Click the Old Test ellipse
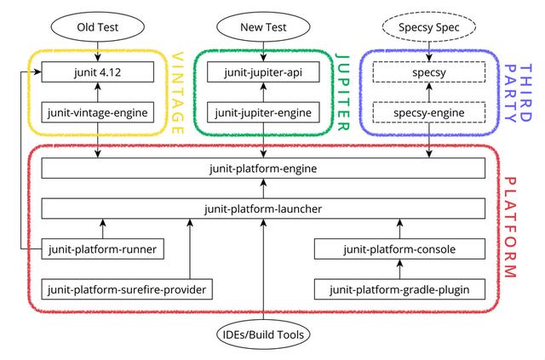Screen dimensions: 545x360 (98, 27)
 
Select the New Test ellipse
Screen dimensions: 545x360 (263, 27)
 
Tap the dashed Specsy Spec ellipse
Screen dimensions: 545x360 (429, 27)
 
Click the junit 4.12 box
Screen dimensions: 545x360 (98, 72)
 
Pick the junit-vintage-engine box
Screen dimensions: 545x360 (98, 112)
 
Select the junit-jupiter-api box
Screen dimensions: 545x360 (263, 72)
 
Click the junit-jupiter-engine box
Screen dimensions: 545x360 (263, 112)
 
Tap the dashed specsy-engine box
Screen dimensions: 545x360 (429, 112)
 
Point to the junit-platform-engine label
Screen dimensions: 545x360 (263, 169)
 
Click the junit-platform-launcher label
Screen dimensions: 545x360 (263, 209)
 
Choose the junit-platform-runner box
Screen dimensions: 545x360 (102, 249)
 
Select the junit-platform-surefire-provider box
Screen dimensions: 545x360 (127, 289)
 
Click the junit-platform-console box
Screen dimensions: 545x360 (399, 249)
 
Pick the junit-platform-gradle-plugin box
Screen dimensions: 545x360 (399, 289)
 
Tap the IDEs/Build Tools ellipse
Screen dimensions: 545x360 (263, 334)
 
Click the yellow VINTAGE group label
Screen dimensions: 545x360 (177, 93)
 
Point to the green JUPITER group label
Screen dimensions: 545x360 (342, 92)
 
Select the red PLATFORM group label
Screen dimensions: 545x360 (510, 227)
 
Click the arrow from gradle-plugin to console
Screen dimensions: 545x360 (399, 269)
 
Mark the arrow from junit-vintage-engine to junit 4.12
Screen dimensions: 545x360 (98, 92)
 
